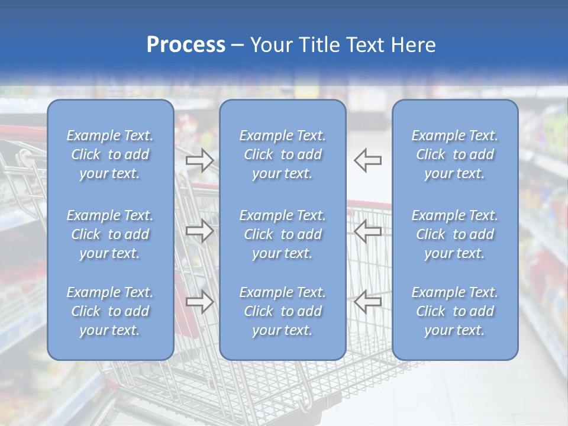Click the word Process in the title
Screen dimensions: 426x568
pyautogui.click(x=186, y=45)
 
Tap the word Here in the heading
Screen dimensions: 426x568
pyautogui.click(x=412, y=45)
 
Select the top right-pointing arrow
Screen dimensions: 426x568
pyautogui.click(x=200, y=160)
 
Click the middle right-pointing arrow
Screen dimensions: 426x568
pyautogui.click(x=200, y=231)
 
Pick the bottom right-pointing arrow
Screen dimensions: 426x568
pyautogui.click(x=200, y=302)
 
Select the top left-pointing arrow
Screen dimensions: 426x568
pyautogui.click(x=367, y=160)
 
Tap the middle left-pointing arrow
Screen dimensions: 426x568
pyautogui.click(x=367, y=231)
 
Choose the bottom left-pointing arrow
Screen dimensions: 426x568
pyautogui.click(x=367, y=302)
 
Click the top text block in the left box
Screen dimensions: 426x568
pyautogui.click(x=110, y=154)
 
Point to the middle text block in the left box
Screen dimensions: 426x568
pyautogui.click(x=110, y=234)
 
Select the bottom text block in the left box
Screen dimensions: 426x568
pyautogui.click(x=110, y=311)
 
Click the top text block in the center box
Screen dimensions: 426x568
pyautogui.click(x=282, y=154)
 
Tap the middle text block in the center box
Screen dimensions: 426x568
pyautogui.click(x=282, y=234)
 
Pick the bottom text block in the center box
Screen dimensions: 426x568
pyautogui.click(x=282, y=311)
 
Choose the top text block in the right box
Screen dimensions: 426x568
pyautogui.click(x=455, y=154)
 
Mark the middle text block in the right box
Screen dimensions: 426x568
pyautogui.click(x=455, y=234)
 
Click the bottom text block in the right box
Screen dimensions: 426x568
pyautogui.click(x=455, y=311)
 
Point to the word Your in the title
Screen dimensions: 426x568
pyautogui.click(x=272, y=45)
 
